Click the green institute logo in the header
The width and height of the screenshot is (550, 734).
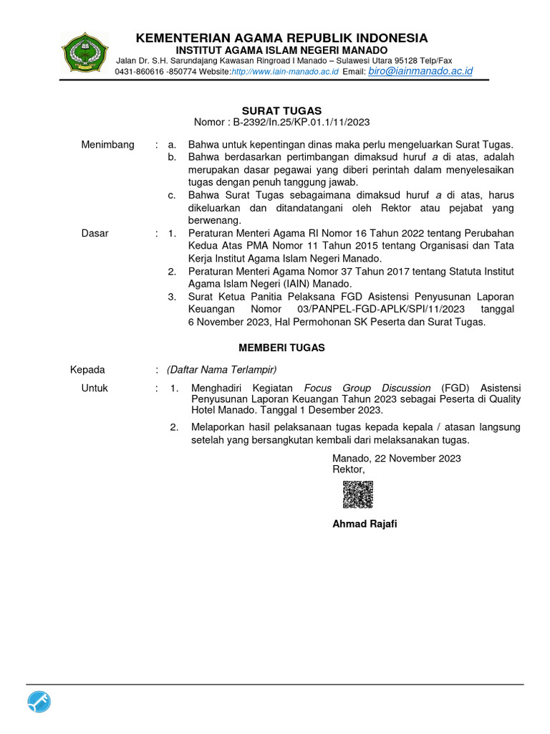85,54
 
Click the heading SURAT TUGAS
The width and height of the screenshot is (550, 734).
281,110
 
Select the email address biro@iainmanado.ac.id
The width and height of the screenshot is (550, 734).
420,72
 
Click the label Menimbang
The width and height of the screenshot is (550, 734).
107,145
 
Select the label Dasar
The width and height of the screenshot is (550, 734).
95,234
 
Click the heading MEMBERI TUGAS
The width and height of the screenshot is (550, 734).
281,348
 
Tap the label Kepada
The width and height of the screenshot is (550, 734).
87,370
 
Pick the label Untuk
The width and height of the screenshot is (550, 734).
95,388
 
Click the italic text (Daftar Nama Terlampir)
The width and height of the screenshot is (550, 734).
221,370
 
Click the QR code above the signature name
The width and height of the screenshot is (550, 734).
357,494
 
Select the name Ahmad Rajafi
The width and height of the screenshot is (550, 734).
365,524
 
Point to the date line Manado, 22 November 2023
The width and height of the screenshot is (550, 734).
397,458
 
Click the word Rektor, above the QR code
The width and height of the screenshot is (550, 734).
349,470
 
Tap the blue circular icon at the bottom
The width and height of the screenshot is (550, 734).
39,702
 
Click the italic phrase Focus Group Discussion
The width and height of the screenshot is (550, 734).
367,388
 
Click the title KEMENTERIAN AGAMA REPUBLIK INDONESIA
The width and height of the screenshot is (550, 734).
281,38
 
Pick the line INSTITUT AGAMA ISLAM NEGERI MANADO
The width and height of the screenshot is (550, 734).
281,50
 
